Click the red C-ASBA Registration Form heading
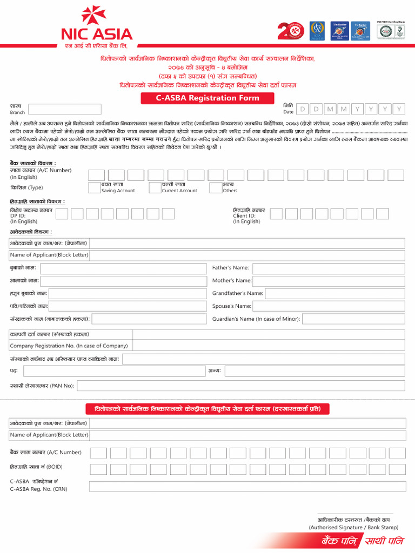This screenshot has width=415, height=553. tap(208, 98)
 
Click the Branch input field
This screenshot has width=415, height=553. tap(64, 109)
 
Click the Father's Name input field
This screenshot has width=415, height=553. tap(329, 268)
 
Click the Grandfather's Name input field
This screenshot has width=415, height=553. tap(335, 294)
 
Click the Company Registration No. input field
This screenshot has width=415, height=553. tap(269, 346)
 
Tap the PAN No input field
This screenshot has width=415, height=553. tap(241, 386)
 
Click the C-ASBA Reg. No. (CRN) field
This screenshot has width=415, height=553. tap(247, 486)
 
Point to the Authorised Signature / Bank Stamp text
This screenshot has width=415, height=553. tap(353, 527)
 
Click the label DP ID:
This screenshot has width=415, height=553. tap(17, 215)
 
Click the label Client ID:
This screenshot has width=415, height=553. tap(244, 215)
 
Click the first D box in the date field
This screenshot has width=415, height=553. tap(303, 109)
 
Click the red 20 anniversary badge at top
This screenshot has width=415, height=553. tap(291, 31)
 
